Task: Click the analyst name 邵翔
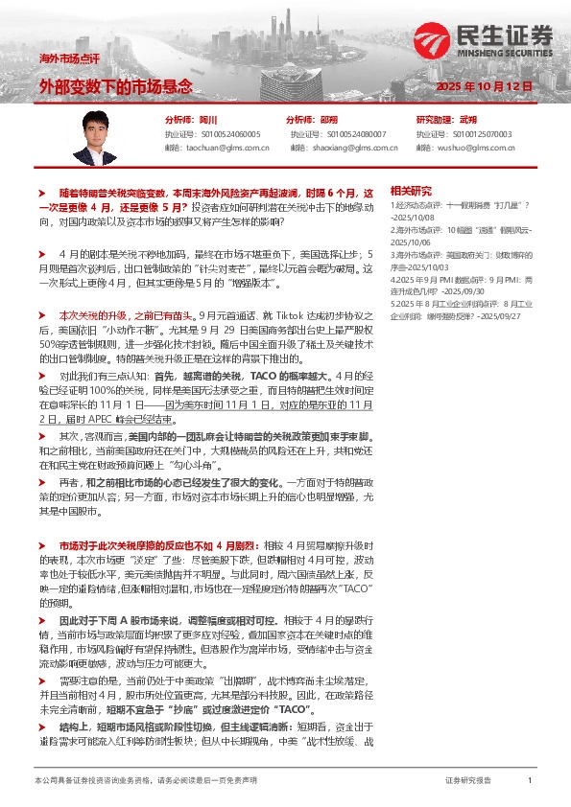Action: (x=329, y=120)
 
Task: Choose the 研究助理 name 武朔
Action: (x=468, y=120)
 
